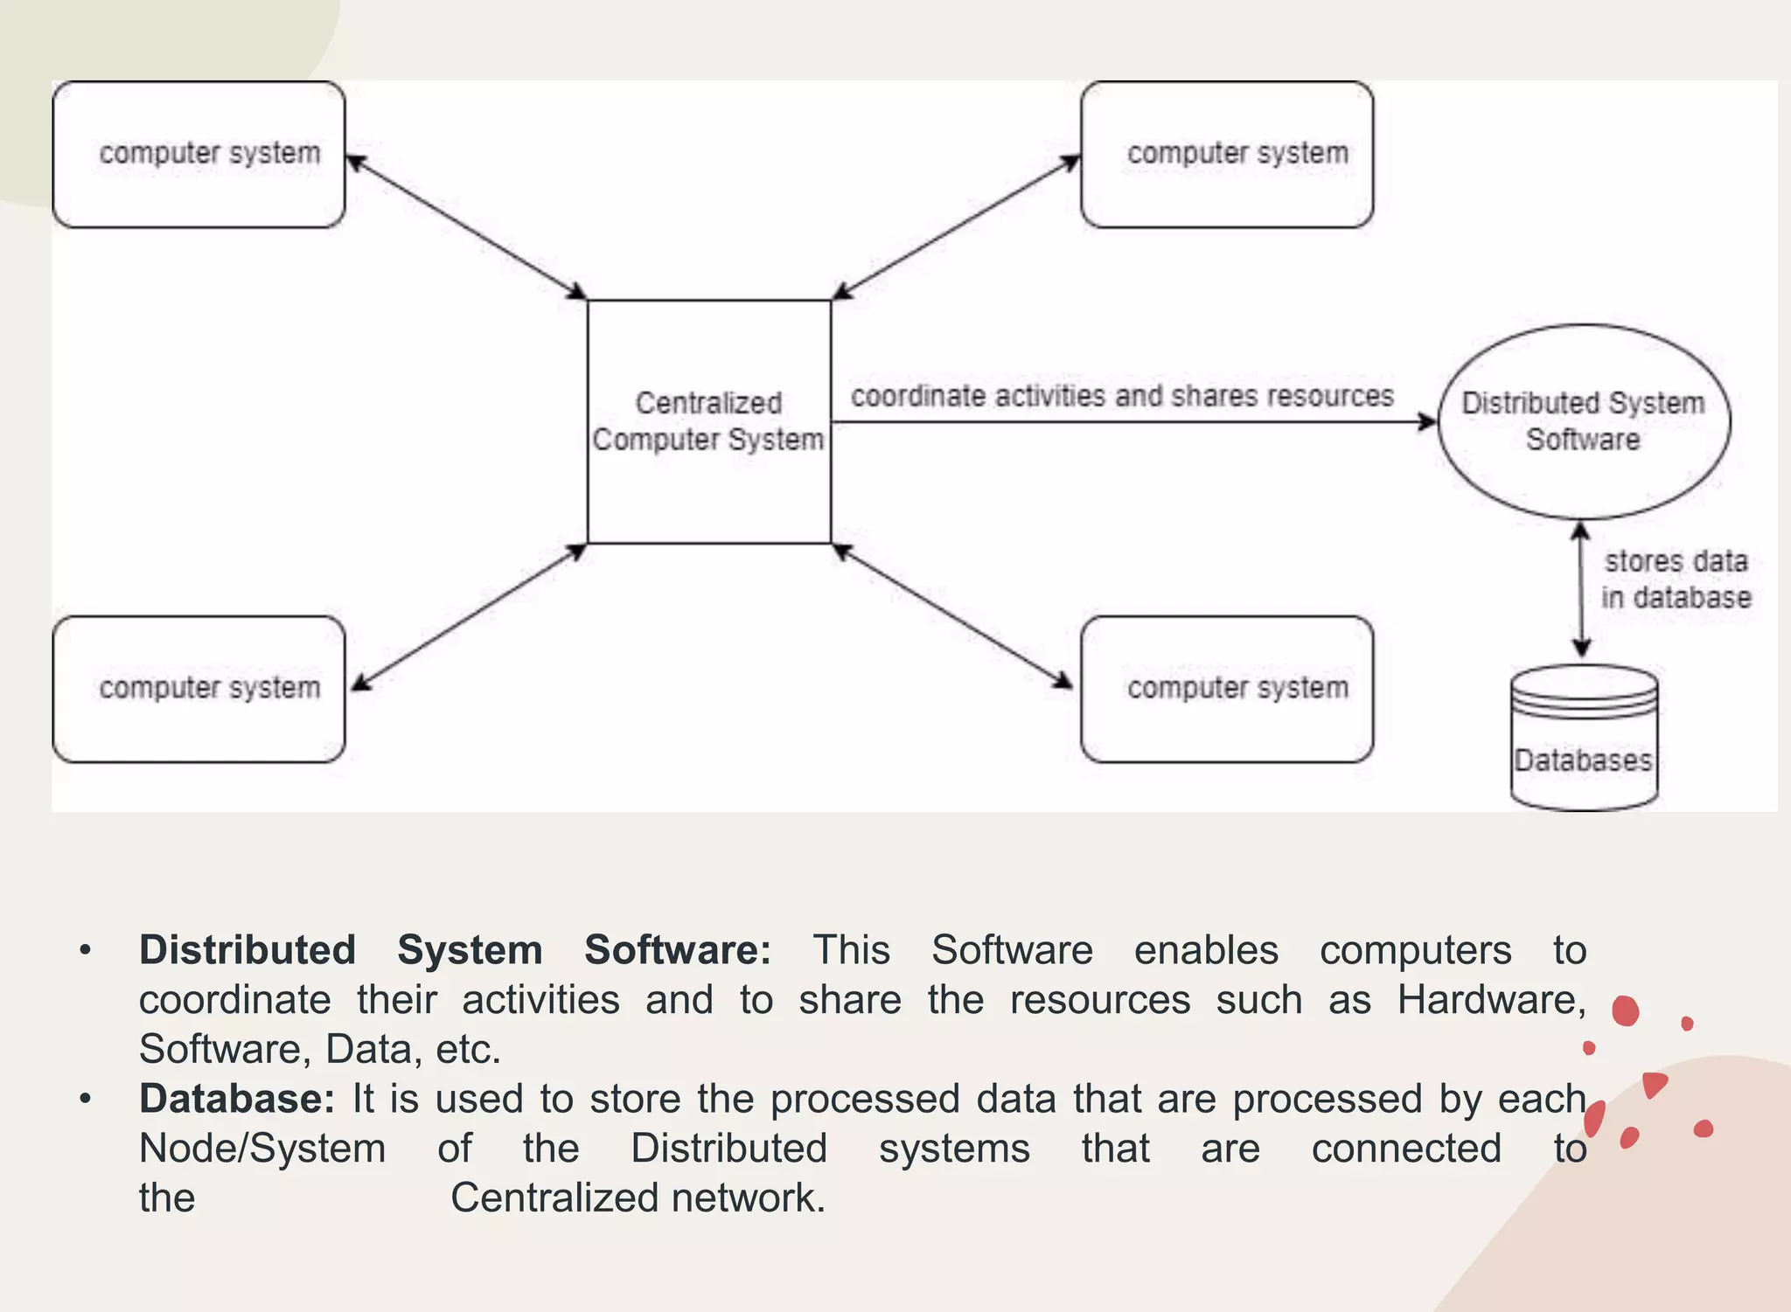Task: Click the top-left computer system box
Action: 199,155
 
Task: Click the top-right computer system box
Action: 1226,155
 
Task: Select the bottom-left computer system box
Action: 199,689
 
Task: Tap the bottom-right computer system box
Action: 1226,689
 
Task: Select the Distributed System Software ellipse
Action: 1583,421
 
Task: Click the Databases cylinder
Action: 1583,739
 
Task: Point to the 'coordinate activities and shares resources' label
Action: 1122,396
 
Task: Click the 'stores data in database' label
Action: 1676,579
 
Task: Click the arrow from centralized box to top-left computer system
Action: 465,226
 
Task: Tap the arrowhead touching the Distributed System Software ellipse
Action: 1427,422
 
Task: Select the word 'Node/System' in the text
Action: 262,1149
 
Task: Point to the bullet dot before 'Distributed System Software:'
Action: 85,950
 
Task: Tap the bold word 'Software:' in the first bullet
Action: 677,950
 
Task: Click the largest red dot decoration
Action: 1625,1010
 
